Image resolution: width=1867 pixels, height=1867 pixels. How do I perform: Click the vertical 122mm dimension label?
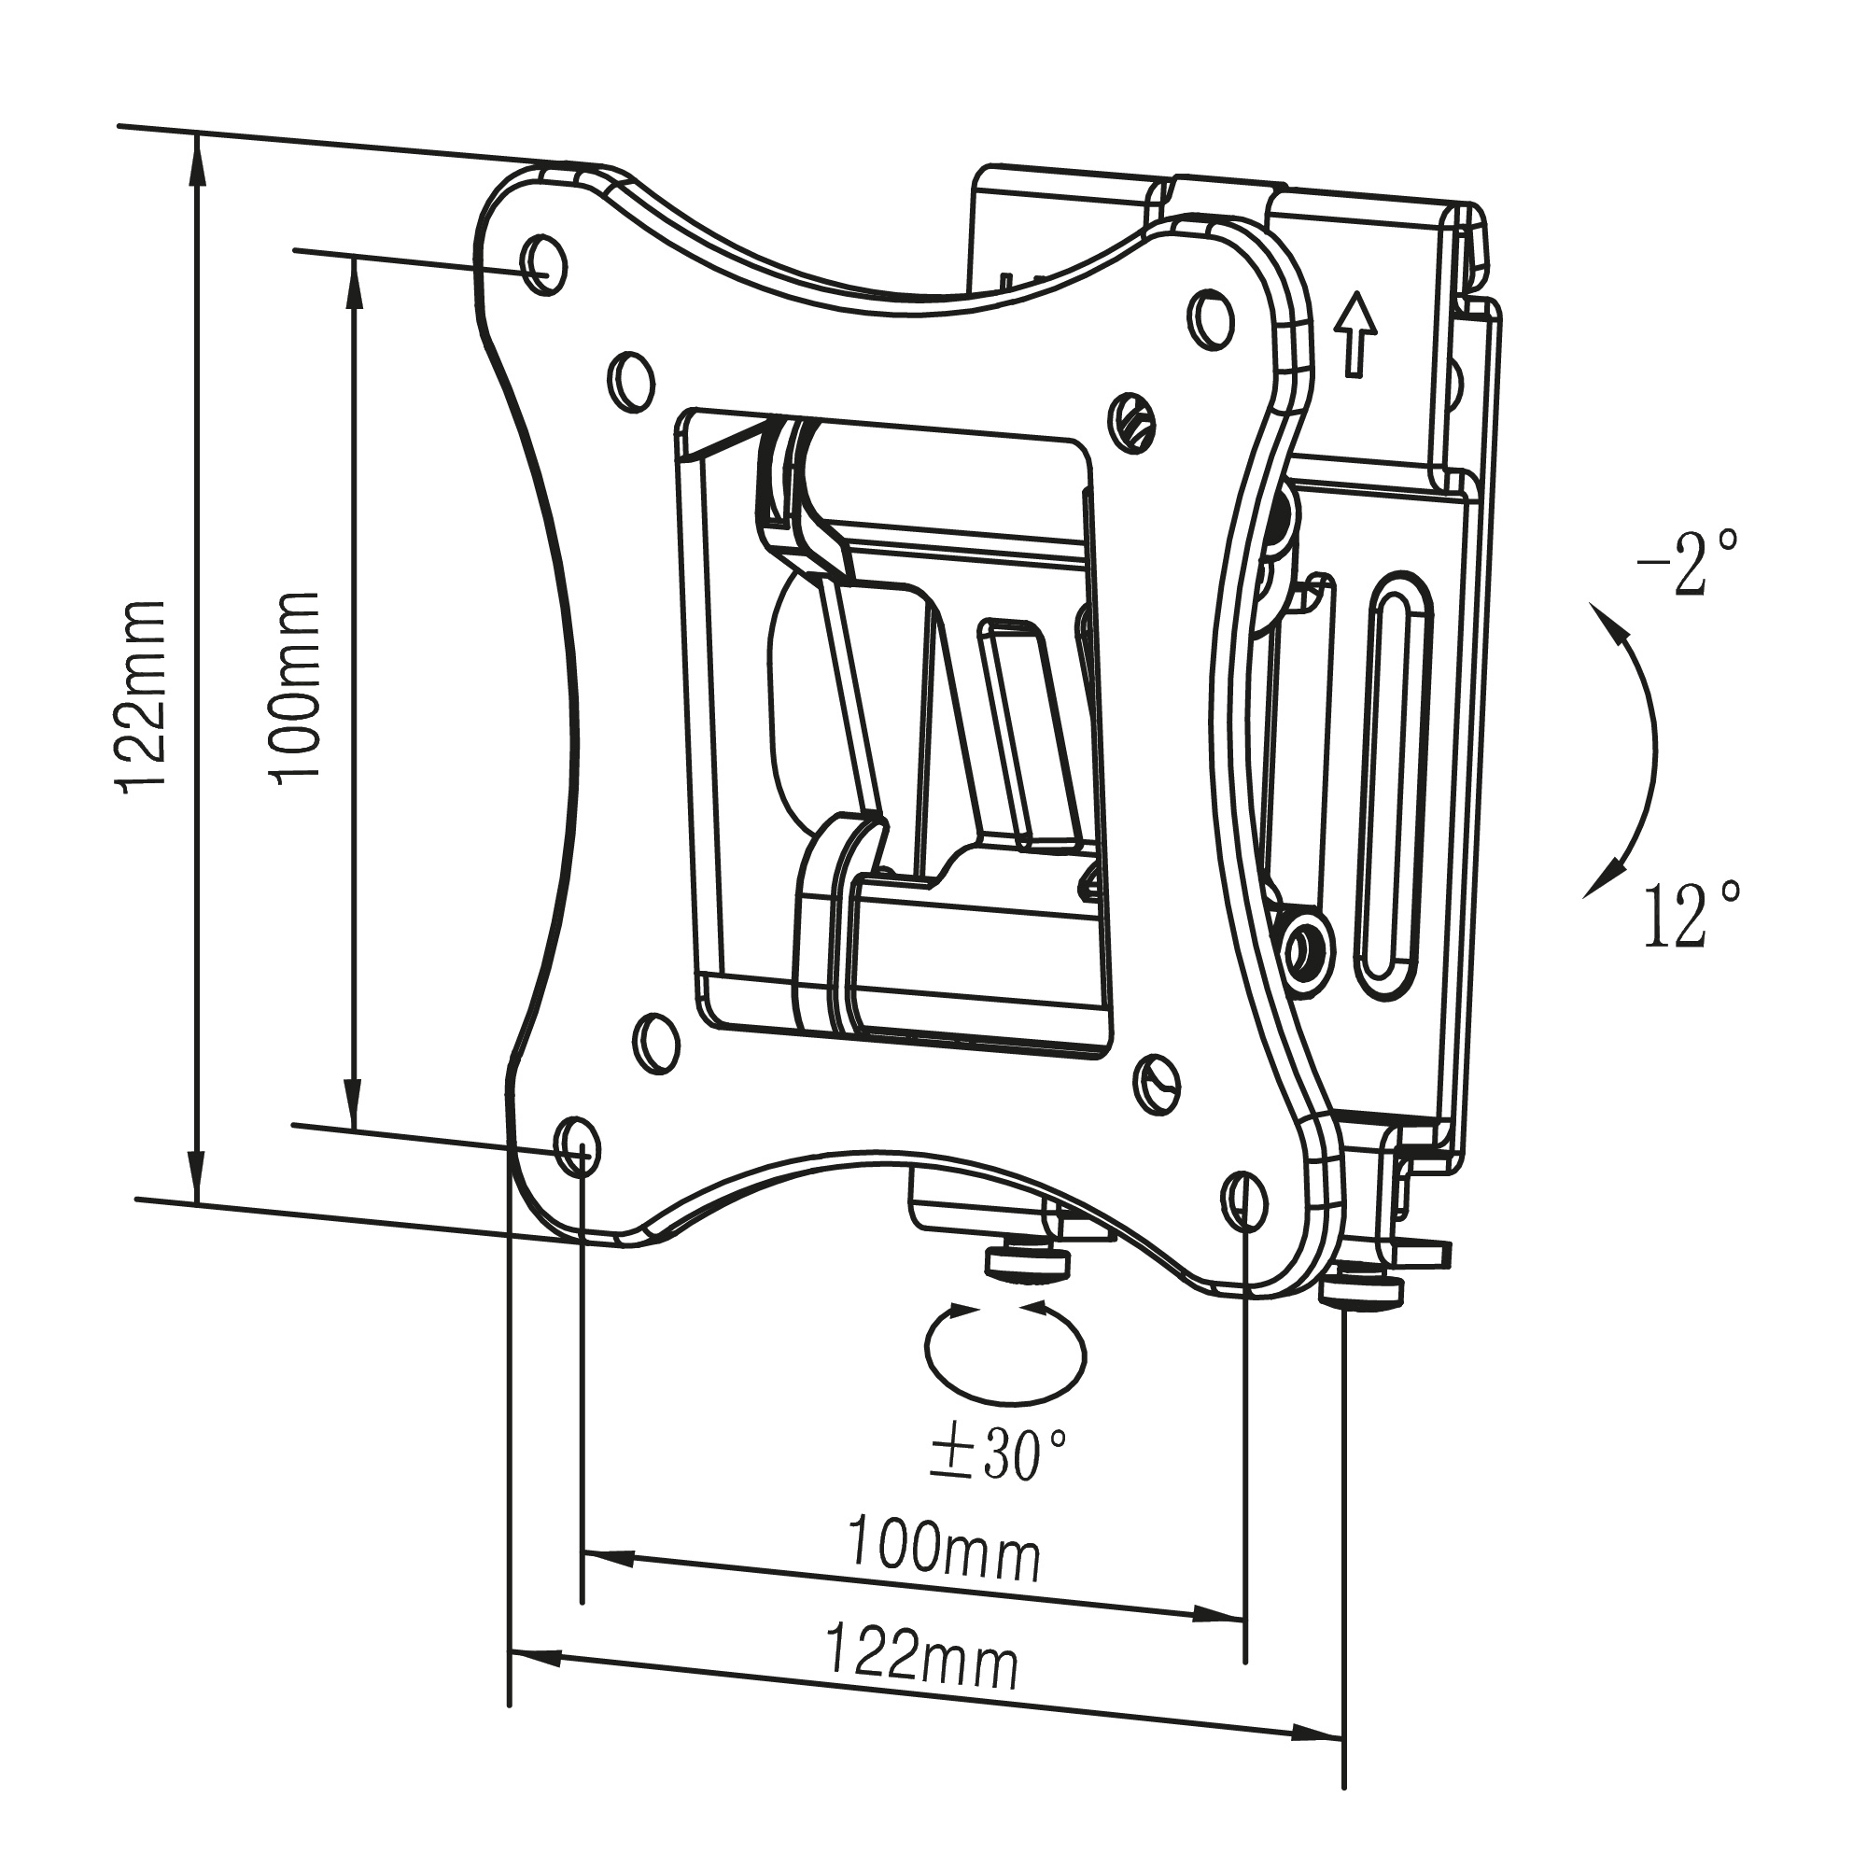pos(142,695)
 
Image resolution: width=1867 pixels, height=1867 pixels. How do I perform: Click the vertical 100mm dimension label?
pos(298,687)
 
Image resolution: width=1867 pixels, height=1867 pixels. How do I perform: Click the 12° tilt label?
pos(1691,912)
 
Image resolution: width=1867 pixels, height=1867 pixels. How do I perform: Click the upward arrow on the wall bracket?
pos(1356,333)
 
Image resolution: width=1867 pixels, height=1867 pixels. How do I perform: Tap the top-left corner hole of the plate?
pos(543,260)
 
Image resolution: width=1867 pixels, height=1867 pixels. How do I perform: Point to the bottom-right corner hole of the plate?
pos(1243,1199)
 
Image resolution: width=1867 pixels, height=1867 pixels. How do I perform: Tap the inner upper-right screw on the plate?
pos(1131,420)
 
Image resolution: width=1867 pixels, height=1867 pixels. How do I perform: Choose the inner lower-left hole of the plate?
pos(657,1041)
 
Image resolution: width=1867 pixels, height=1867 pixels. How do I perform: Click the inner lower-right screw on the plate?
pos(1156,1083)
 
